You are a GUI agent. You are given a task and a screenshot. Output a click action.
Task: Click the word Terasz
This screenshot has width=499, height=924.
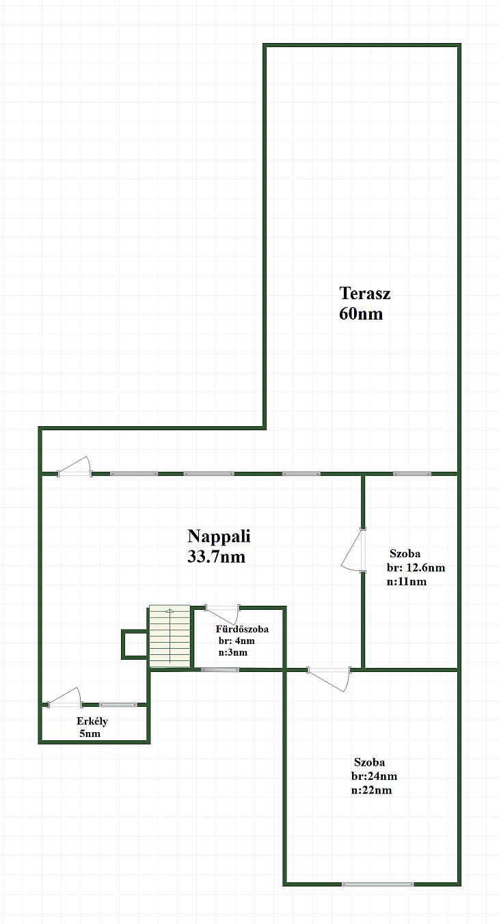(x=365, y=293)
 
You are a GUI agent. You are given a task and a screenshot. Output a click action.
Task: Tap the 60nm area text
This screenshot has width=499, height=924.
(x=361, y=313)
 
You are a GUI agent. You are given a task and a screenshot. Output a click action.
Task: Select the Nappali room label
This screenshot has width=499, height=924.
(x=219, y=536)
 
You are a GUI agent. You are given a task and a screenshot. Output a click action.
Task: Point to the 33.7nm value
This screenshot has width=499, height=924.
(x=217, y=557)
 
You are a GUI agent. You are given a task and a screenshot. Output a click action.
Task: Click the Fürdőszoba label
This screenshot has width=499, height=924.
(x=242, y=629)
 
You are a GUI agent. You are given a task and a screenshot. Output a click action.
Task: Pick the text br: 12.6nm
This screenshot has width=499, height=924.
(x=416, y=568)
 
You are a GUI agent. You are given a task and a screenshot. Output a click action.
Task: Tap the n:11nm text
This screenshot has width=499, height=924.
(x=407, y=582)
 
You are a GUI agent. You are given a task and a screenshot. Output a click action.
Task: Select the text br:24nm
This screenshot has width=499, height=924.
(x=374, y=776)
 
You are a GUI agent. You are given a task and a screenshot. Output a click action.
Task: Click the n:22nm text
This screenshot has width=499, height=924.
(x=371, y=790)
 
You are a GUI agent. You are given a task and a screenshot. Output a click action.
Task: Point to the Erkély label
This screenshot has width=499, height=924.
(x=92, y=721)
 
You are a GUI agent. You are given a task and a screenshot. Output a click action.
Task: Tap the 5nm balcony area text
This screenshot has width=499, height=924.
(x=90, y=733)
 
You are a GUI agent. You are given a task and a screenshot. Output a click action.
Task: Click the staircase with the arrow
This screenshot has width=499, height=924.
(x=170, y=636)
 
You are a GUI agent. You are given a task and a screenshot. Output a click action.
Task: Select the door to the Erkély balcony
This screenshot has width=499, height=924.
(x=64, y=698)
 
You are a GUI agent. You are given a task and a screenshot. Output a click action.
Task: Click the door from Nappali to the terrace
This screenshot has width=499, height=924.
(x=75, y=467)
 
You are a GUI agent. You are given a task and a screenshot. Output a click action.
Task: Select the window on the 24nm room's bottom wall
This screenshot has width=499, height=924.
(x=377, y=884)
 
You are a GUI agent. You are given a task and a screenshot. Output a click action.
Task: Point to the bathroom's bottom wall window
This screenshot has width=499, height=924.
(x=219, y=669)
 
